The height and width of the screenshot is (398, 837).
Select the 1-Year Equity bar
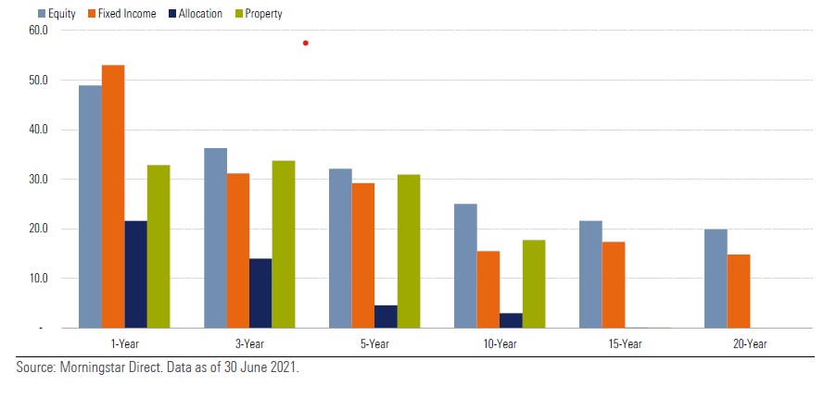click(90, 206)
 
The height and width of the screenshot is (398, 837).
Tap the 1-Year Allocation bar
click(135, 274)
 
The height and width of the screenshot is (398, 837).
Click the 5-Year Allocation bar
click(386, 317)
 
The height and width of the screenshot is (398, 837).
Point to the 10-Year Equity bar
click(465, 266)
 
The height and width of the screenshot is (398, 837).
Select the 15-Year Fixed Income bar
click(614, 284)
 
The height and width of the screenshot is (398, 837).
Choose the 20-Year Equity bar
click(716, 278)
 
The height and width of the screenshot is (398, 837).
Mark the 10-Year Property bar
click(534, 283)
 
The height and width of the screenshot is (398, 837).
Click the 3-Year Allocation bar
click(260, 292)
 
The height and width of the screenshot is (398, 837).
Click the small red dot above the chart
click(305, 43)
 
